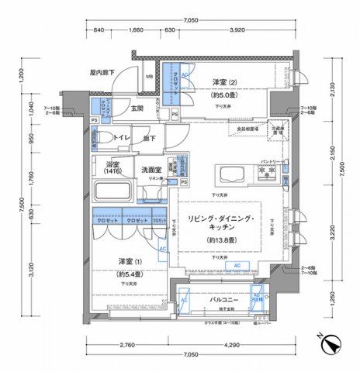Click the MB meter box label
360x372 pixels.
(x=148, y=77)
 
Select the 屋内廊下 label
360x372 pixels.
(x=102, y=72)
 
